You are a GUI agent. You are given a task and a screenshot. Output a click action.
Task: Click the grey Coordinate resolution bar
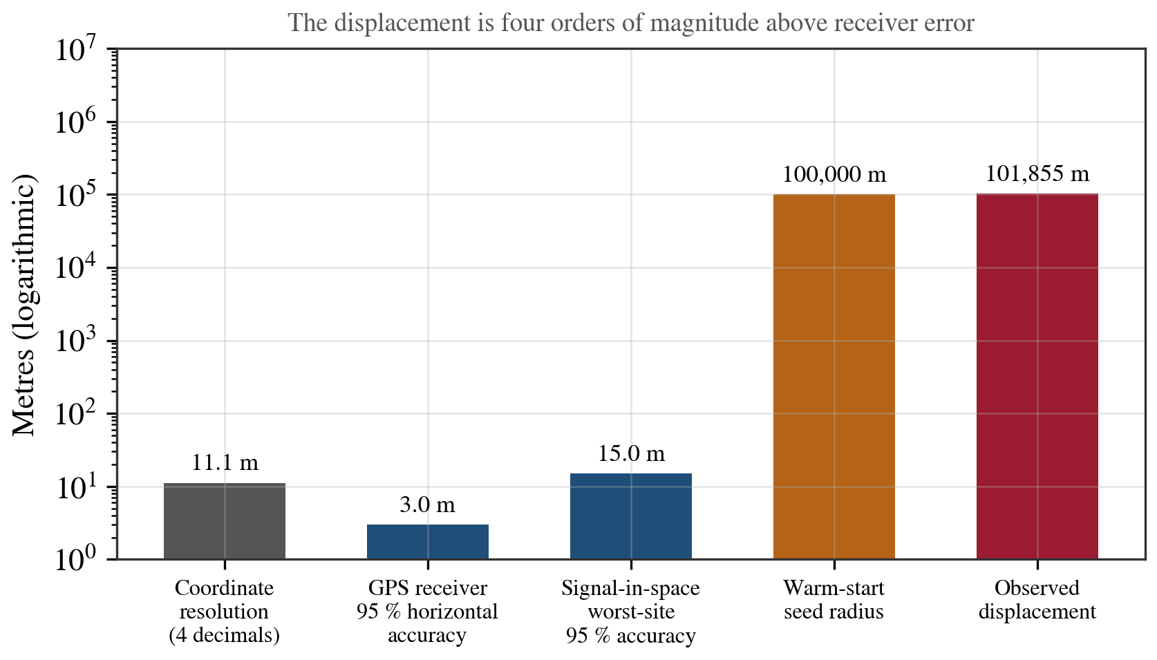coord(225,521)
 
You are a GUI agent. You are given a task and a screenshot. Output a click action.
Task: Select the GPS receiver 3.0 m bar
coord(428,542)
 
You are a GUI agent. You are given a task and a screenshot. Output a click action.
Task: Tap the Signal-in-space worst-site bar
coord(630,516)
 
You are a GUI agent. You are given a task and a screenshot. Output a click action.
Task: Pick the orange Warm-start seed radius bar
coord(834,377)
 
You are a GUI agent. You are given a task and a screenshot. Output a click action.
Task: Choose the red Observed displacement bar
coord(1037,377)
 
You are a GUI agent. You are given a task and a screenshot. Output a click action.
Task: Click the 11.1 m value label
coord(225,463)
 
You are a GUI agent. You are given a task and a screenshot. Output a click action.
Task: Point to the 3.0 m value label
coord(428,505)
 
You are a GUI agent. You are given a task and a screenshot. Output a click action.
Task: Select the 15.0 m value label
coord(631,453)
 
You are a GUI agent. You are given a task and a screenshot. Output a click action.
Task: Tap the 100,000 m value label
coord(834,175)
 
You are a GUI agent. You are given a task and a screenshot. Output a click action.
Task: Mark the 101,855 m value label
coord(1037,173)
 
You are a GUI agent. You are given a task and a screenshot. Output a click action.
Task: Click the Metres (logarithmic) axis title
coord(23,305)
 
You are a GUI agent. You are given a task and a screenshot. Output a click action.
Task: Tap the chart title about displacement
coord(630,23)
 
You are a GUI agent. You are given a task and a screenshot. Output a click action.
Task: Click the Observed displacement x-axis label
coord(1037,600)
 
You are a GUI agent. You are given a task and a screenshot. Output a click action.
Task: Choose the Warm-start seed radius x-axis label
coord(834,600)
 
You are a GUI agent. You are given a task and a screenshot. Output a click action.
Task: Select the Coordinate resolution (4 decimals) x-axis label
coord(224,612)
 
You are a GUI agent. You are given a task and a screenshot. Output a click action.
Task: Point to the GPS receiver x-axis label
coord(427,612)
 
